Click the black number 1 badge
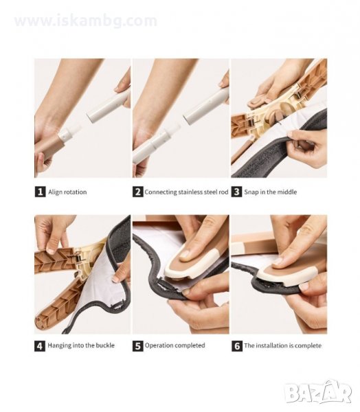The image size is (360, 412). point(40,192)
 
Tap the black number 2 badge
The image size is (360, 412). point(138,192)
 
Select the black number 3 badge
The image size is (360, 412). point(236,192)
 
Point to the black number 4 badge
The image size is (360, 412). point(40,346)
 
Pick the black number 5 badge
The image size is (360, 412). point(138,346)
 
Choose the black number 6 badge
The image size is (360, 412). point(237,346)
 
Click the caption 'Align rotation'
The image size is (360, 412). point(67,192)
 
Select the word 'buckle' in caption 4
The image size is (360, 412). point(105,345)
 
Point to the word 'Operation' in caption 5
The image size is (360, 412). point(158,345)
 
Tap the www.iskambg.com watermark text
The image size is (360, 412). point(86,21)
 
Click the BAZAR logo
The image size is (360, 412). point(319,391)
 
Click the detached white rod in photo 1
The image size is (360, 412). point(109,106)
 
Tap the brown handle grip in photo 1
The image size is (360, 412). point(49,148)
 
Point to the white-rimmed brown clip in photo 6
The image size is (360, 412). point(287,275)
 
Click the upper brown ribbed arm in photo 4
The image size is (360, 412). point(56,260)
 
